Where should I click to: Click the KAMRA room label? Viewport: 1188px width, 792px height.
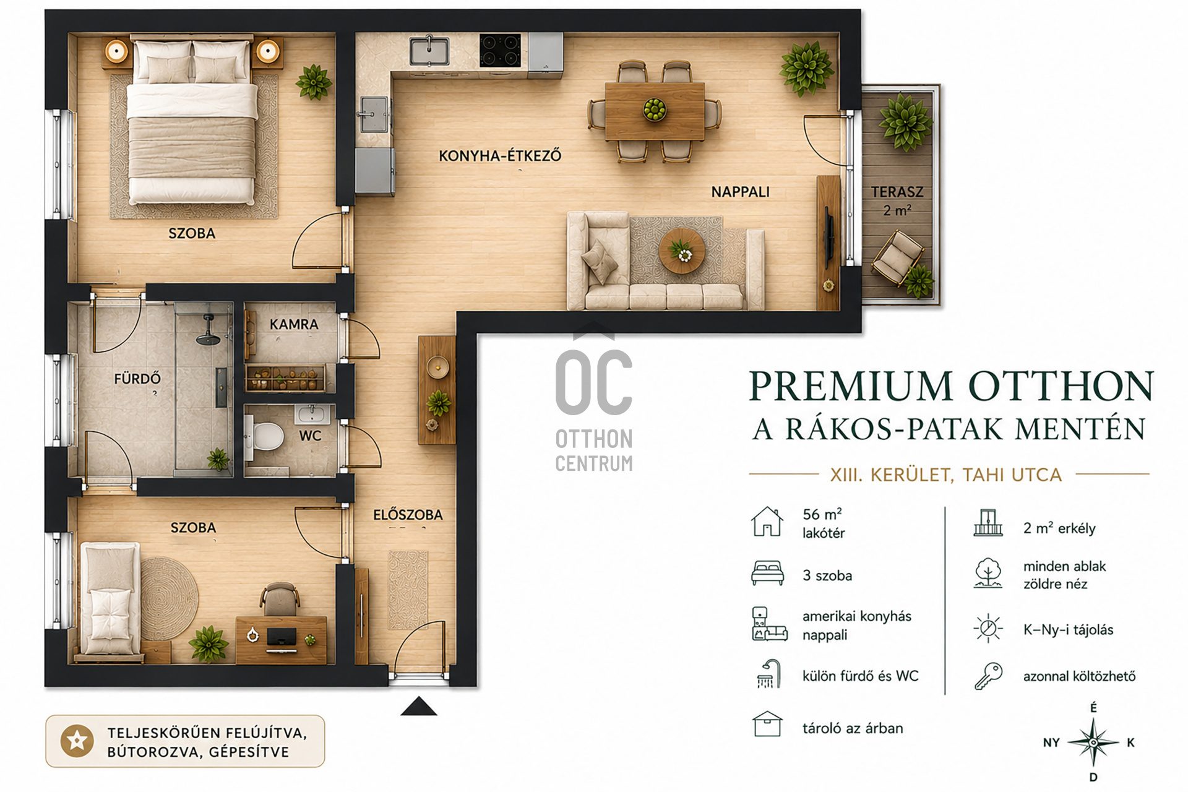tap(294, 324)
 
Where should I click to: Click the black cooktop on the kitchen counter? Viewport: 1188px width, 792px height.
tap(500, 50)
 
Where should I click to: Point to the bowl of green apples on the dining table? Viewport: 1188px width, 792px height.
tap(654, 110)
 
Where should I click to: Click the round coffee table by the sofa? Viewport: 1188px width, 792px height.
tap(681, 251)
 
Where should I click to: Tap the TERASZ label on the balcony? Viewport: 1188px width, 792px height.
tap(897, 192)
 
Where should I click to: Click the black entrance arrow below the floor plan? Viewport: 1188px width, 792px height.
tap(419, 706)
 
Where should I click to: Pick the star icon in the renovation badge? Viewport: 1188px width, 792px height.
tap(77, 741)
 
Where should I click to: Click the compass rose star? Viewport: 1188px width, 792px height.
tap(1093, 742)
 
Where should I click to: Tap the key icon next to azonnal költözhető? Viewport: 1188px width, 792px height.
tap(988, 676)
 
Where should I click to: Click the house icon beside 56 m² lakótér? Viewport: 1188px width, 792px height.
tap(767, 521)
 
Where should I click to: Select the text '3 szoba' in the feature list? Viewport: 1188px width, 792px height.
tap(827, 575)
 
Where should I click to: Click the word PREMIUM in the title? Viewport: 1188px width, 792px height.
tap(851, 386)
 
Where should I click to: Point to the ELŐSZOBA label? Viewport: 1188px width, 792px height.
tap(408, 515)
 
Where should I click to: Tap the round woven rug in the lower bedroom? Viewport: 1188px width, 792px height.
tap(168, 598)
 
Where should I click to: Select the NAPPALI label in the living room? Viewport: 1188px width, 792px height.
tap(741, 192)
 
